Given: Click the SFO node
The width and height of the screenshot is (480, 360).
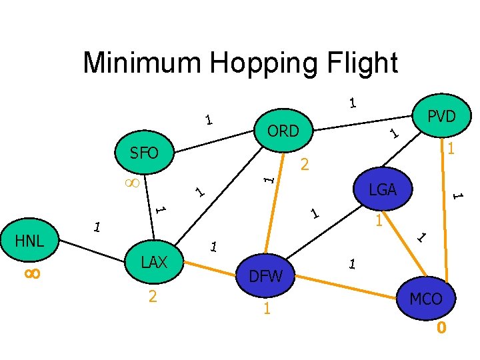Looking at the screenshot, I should pos(144,153).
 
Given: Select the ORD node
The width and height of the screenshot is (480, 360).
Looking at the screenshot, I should pos(283,131).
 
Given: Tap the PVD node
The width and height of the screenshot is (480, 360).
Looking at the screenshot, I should pos(441,117).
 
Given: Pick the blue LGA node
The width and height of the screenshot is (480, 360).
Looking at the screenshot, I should pos(383,190).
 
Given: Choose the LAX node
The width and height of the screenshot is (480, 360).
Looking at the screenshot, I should pos(154,262).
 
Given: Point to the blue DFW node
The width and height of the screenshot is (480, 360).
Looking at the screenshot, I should pos(266,275).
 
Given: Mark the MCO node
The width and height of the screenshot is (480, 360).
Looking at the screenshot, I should pos(425,298).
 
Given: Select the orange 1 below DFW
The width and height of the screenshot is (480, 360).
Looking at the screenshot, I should pos(266,309).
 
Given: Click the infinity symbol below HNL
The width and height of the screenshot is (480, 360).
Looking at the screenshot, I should pos(32,273).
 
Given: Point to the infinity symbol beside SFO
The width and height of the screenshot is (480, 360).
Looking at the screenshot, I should pos(132,182).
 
